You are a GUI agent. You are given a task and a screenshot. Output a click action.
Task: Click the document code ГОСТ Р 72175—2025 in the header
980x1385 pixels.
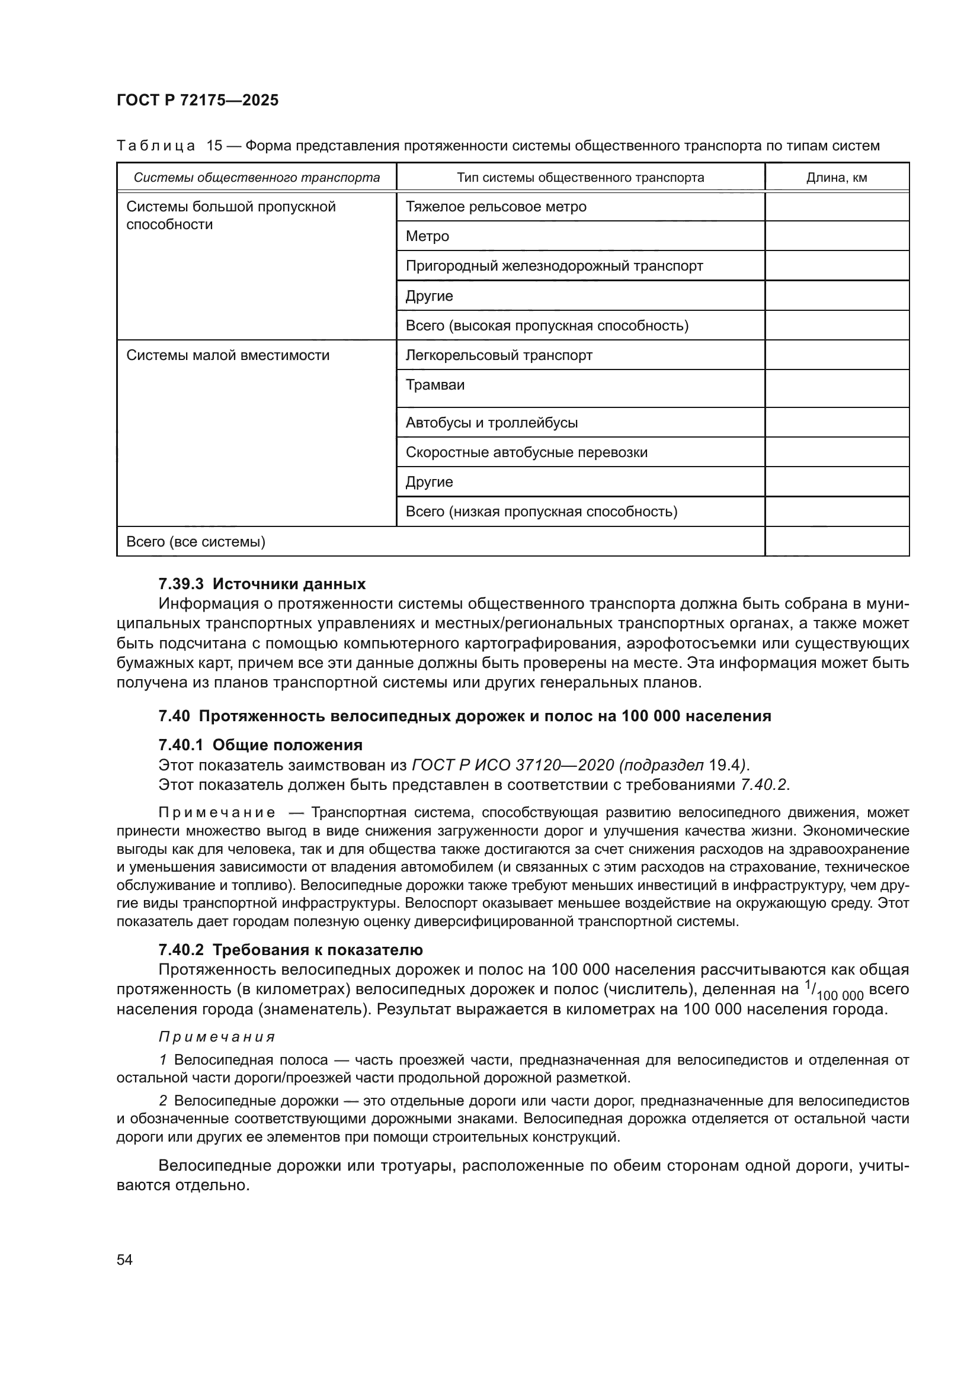coord(197,100)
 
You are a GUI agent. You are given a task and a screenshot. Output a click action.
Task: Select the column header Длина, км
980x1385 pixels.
coord(837,178)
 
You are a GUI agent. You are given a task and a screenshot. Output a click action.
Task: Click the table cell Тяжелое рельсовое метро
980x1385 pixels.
coord(495,207)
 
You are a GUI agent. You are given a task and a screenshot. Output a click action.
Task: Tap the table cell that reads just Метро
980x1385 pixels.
coord(427,236)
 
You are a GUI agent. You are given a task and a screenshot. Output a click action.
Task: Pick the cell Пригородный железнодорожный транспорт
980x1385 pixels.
coord(554,266)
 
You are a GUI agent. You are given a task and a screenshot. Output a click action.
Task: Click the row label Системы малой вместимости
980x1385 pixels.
coord(228,355)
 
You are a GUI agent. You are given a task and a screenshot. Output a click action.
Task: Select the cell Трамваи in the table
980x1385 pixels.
coord(434,385)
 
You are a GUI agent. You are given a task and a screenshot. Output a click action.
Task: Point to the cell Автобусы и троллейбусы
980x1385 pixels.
coord(491,423)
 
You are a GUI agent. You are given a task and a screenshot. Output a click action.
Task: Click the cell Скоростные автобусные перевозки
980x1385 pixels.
coord(526,452)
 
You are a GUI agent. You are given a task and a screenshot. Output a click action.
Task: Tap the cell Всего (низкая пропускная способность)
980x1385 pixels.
coord(542,512)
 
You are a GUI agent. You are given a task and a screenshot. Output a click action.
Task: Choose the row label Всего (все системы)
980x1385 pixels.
coord(196,542)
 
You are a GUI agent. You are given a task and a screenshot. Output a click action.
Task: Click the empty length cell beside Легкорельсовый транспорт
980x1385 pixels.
coord(837,355)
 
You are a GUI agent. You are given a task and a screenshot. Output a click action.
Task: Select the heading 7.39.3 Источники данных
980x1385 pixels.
coord(262,584)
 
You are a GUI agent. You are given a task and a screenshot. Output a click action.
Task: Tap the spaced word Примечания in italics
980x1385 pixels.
coord(217,1037)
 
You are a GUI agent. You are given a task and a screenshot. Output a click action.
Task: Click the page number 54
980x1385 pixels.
coord(124,1259)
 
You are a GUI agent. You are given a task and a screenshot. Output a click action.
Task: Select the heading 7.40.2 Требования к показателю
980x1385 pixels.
coord(290,949)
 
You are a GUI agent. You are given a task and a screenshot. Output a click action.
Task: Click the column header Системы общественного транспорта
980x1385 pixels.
coord(257,178)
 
